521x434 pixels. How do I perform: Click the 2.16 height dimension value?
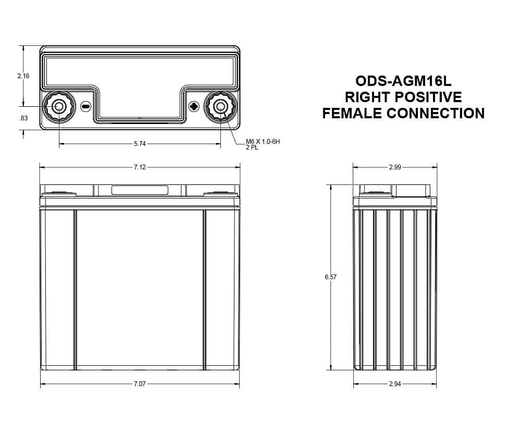(23, 76)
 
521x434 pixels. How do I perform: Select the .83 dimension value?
(23, 118)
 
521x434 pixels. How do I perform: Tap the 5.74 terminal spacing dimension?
(139, 143)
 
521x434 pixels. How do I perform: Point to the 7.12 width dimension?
(139, 167)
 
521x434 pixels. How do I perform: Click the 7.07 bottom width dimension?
(139, 384)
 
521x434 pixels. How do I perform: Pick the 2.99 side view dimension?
(395, 167)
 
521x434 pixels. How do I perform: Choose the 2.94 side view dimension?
(395, 384)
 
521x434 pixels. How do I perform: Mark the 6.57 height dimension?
(330, 277)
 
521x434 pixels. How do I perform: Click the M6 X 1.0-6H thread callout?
(263, 142)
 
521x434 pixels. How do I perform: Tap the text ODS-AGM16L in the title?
(403, 81)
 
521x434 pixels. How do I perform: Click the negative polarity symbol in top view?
(86, 107)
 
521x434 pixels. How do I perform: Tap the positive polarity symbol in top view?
(194, 107)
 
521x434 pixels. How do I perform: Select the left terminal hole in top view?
(59, 107)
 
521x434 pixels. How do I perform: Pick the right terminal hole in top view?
(220, 107)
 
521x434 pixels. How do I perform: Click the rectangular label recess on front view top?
(140, 190)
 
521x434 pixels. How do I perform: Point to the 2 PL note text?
(252, 147)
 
